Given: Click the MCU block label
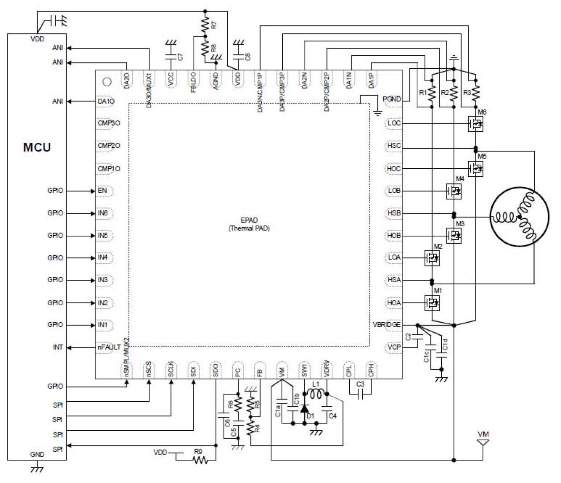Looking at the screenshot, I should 37,147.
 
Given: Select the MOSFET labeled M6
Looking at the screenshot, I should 476,124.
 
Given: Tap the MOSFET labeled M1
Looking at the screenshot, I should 431,303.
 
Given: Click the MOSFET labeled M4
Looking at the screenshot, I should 454,191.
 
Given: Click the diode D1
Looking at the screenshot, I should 305,408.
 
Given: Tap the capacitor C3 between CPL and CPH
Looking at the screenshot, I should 360,394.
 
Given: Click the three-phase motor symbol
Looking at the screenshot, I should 519,217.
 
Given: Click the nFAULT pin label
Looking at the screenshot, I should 109,347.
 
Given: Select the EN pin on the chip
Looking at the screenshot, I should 102,191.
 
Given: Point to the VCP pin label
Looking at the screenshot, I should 394,347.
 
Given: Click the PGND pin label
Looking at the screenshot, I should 392,99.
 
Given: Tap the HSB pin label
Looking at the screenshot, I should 394,213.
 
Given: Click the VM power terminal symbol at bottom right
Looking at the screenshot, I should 483,442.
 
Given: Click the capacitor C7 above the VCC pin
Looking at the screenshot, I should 170,57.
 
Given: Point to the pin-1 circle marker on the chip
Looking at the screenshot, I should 107,82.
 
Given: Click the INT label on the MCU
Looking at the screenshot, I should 58,347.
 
